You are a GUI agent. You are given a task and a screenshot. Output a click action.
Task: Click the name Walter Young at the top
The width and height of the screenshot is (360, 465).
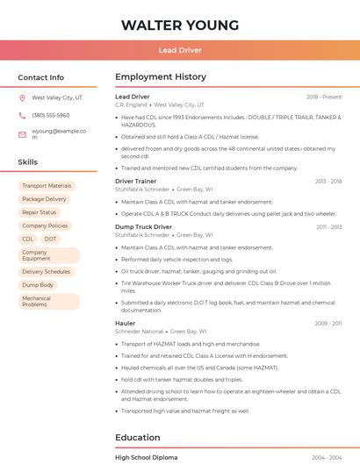(x=180, y=25)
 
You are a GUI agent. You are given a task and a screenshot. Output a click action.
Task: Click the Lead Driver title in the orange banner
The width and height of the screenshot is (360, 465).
(x=180, y=50)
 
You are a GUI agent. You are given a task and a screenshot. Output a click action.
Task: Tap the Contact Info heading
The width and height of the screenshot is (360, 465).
(x=40, y=77)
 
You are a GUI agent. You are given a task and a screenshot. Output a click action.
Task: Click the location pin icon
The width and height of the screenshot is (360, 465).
(x=22, y=98)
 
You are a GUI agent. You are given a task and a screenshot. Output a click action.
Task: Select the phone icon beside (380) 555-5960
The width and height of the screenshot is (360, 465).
(x=22, y=116)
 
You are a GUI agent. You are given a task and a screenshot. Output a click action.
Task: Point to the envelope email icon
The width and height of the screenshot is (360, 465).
(x=22, y=134)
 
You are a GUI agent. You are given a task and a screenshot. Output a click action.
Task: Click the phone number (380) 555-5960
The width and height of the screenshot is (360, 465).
(x=51, y=116)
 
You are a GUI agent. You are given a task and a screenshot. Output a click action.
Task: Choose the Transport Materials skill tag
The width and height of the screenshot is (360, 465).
(x=47, y=186)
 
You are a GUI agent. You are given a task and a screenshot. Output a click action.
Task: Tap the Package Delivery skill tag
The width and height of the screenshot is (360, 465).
(x=44, y=199)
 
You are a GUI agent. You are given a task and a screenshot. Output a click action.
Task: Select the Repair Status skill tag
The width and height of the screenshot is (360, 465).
(x=40, y=212)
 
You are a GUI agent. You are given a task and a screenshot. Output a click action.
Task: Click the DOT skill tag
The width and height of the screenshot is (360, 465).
(x=51, y=239)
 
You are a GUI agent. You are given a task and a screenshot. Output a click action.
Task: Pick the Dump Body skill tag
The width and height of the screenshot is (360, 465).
(x=38, y=285)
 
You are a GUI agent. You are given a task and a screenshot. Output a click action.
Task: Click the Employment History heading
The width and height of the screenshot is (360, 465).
(x=161, y=77)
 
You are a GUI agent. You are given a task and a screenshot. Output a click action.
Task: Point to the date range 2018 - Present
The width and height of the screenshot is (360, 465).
(x=324, y=97)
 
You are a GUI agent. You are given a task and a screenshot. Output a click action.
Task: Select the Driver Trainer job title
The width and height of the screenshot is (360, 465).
(x=136, y=181)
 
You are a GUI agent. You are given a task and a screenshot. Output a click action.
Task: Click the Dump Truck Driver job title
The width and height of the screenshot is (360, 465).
(x=143, y=227)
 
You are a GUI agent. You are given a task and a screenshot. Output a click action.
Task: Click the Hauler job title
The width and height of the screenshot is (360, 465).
(x=126, y=323)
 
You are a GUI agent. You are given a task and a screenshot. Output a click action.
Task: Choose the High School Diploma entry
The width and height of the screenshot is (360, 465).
(x=146, y=458)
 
